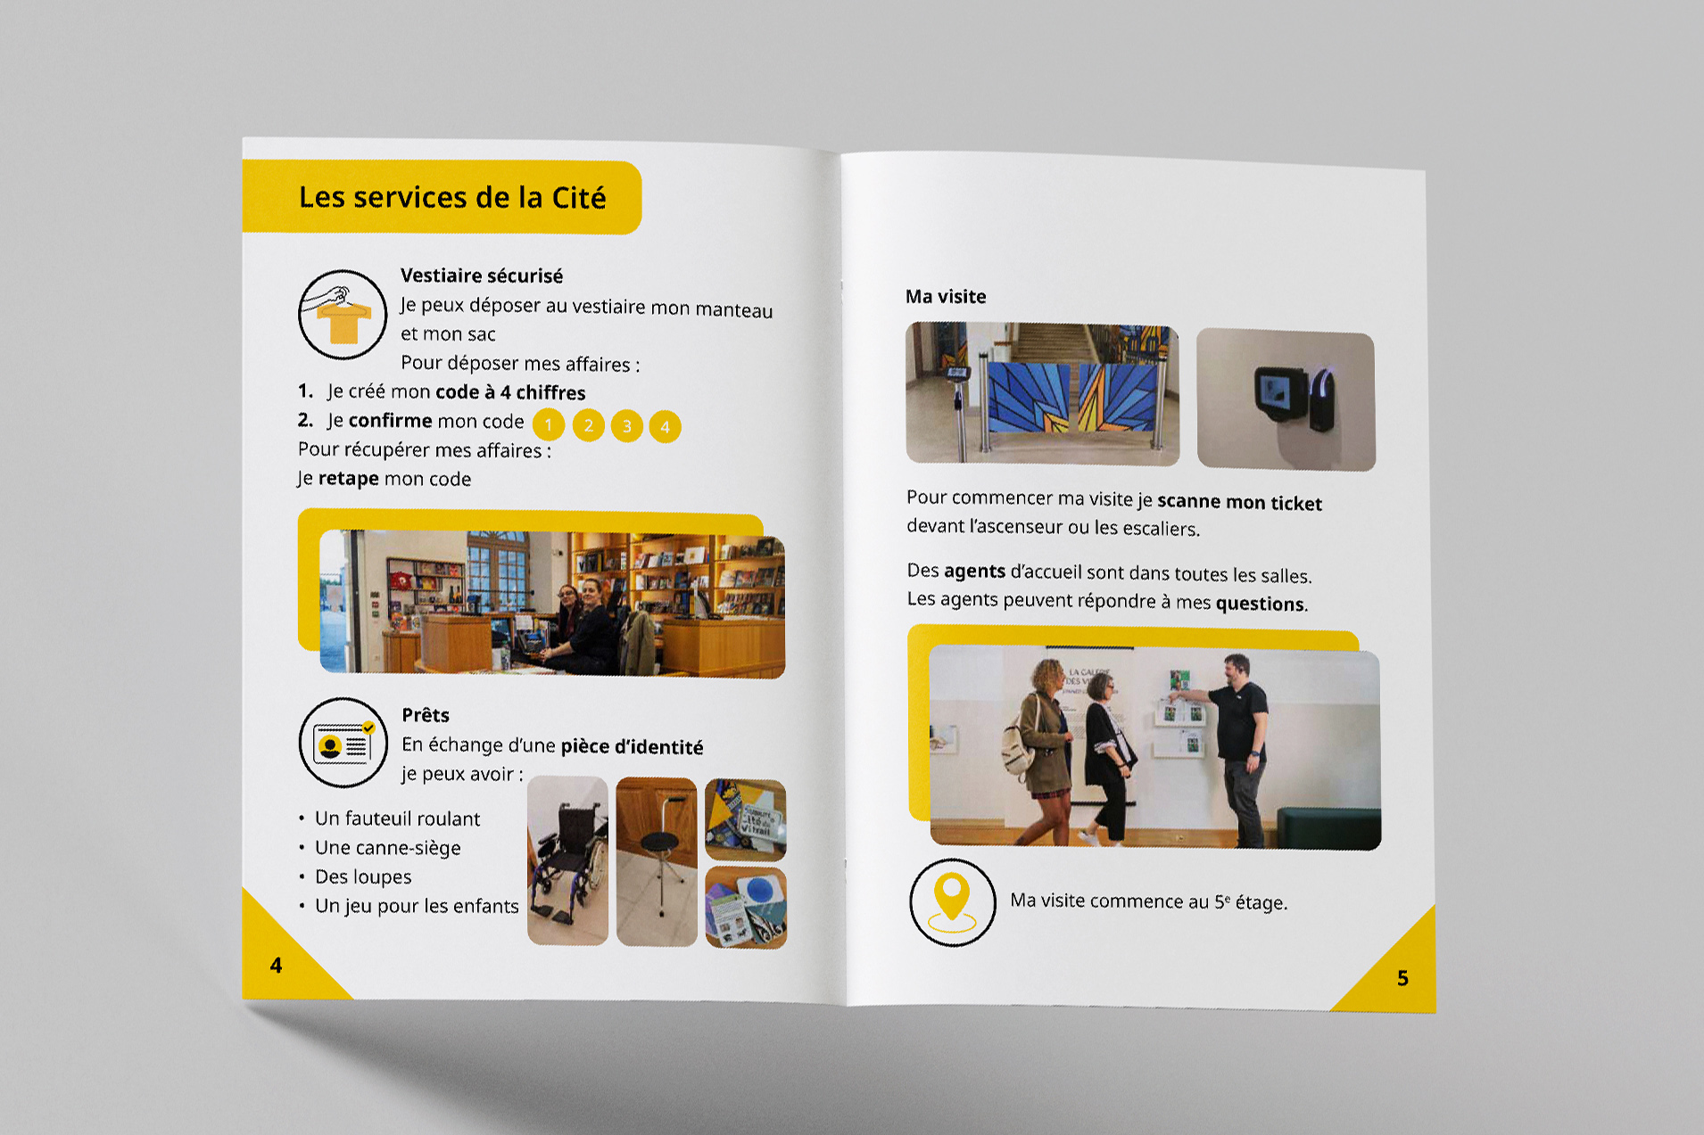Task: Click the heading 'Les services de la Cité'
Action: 452,197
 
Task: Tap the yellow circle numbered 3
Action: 627,426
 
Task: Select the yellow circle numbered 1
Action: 549,424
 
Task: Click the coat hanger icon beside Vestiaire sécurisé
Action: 343,315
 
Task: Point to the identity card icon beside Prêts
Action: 343,743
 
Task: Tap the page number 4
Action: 277,966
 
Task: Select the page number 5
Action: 1402,978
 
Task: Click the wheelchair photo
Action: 567,860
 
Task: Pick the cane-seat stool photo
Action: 657,861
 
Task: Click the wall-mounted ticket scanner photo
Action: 1286,399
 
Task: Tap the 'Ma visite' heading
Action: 946,296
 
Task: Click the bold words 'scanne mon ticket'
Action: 1239,503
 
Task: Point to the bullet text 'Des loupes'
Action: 363,876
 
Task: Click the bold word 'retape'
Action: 349,478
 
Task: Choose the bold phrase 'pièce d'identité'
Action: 632,746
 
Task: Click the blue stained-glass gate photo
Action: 1042,393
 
